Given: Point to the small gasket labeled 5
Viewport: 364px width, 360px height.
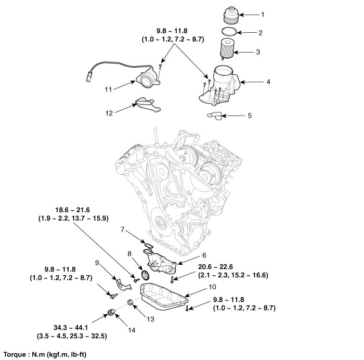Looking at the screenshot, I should click(x=214, y=115).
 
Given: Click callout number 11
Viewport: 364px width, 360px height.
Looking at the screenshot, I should click(x=109, y=89).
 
